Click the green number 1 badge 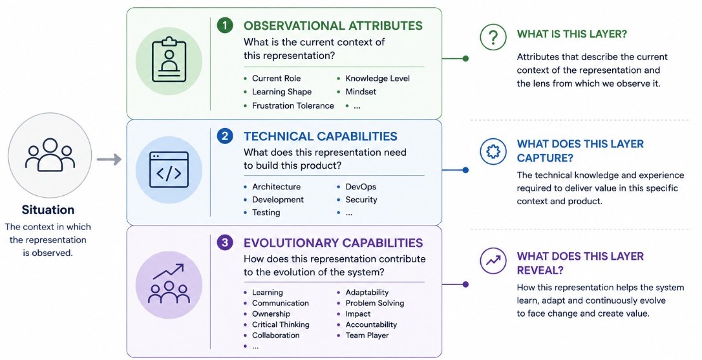point(225,25)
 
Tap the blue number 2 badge point(225,136)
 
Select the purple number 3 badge point(225,242)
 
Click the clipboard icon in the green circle point(169,60)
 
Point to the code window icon point(169,170)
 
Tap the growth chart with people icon point(169,284)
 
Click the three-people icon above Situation point(50,154)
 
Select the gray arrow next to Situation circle point(109,159)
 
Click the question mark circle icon point(493,37)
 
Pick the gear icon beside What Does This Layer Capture point(493,151)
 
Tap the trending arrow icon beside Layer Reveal point(493,260)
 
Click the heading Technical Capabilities point(321,136)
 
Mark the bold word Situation point(48,210)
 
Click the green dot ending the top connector point(465,58)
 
